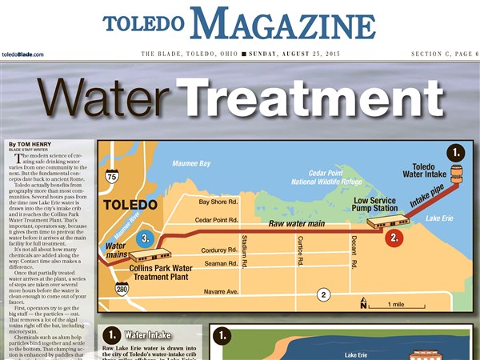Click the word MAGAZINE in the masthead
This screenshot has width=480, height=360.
coord(283,24)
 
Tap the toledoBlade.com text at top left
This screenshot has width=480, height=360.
coord(22,54)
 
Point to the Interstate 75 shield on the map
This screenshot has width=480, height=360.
coord(111,177)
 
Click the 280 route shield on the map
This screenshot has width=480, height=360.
coord(122,289)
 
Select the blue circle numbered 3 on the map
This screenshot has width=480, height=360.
coord(144,238)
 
